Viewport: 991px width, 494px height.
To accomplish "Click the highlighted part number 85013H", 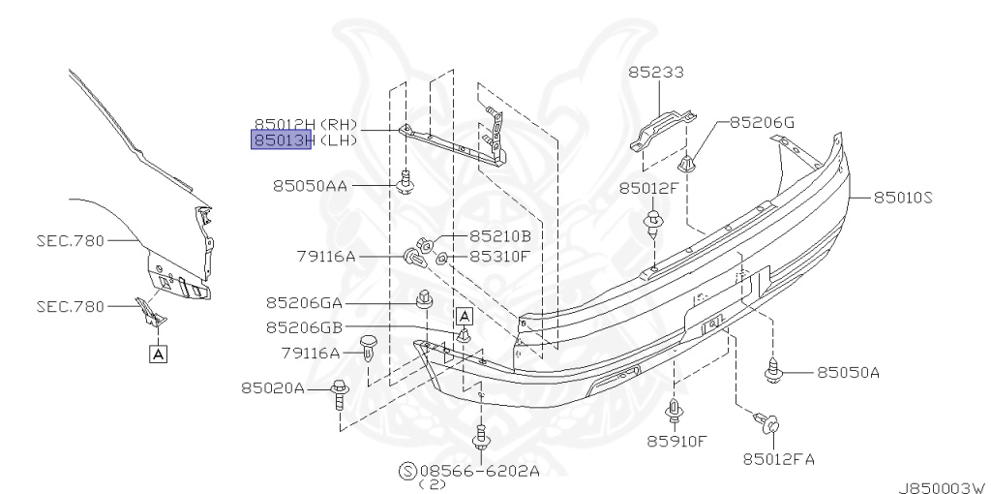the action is (282, 139).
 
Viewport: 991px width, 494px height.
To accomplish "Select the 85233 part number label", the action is (655, 73).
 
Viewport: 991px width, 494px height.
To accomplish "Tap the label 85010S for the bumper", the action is (903, 198).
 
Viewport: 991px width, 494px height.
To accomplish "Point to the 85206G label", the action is (763, 122).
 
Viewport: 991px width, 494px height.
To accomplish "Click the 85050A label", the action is (848, 373).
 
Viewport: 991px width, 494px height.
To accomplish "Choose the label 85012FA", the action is (779, 458).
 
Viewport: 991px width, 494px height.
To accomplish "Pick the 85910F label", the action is (676, 441).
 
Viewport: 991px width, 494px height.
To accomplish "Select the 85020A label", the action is (272, 387).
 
